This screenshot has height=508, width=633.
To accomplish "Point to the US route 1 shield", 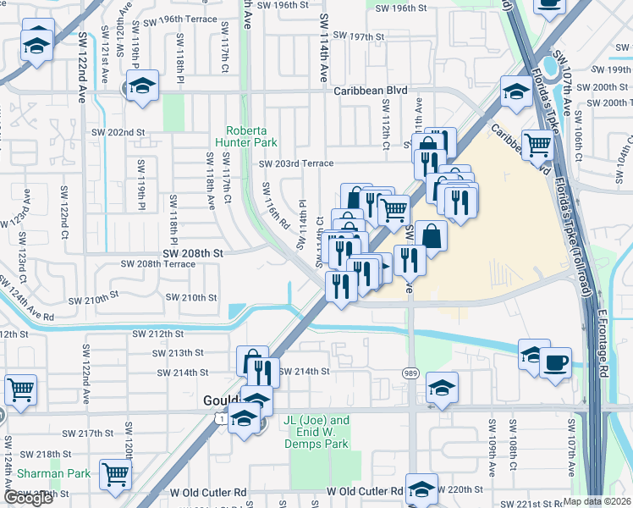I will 220,419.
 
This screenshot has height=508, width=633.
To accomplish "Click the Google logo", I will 28,498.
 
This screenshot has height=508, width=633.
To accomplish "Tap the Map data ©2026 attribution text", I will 597,501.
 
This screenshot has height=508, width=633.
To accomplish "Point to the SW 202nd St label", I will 115,133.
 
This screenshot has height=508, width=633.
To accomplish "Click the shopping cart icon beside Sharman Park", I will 115,475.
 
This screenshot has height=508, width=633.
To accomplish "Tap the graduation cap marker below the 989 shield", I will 442,388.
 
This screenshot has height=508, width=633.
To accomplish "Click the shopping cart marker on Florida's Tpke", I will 538,146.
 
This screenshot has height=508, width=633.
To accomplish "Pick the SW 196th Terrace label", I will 186,18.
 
